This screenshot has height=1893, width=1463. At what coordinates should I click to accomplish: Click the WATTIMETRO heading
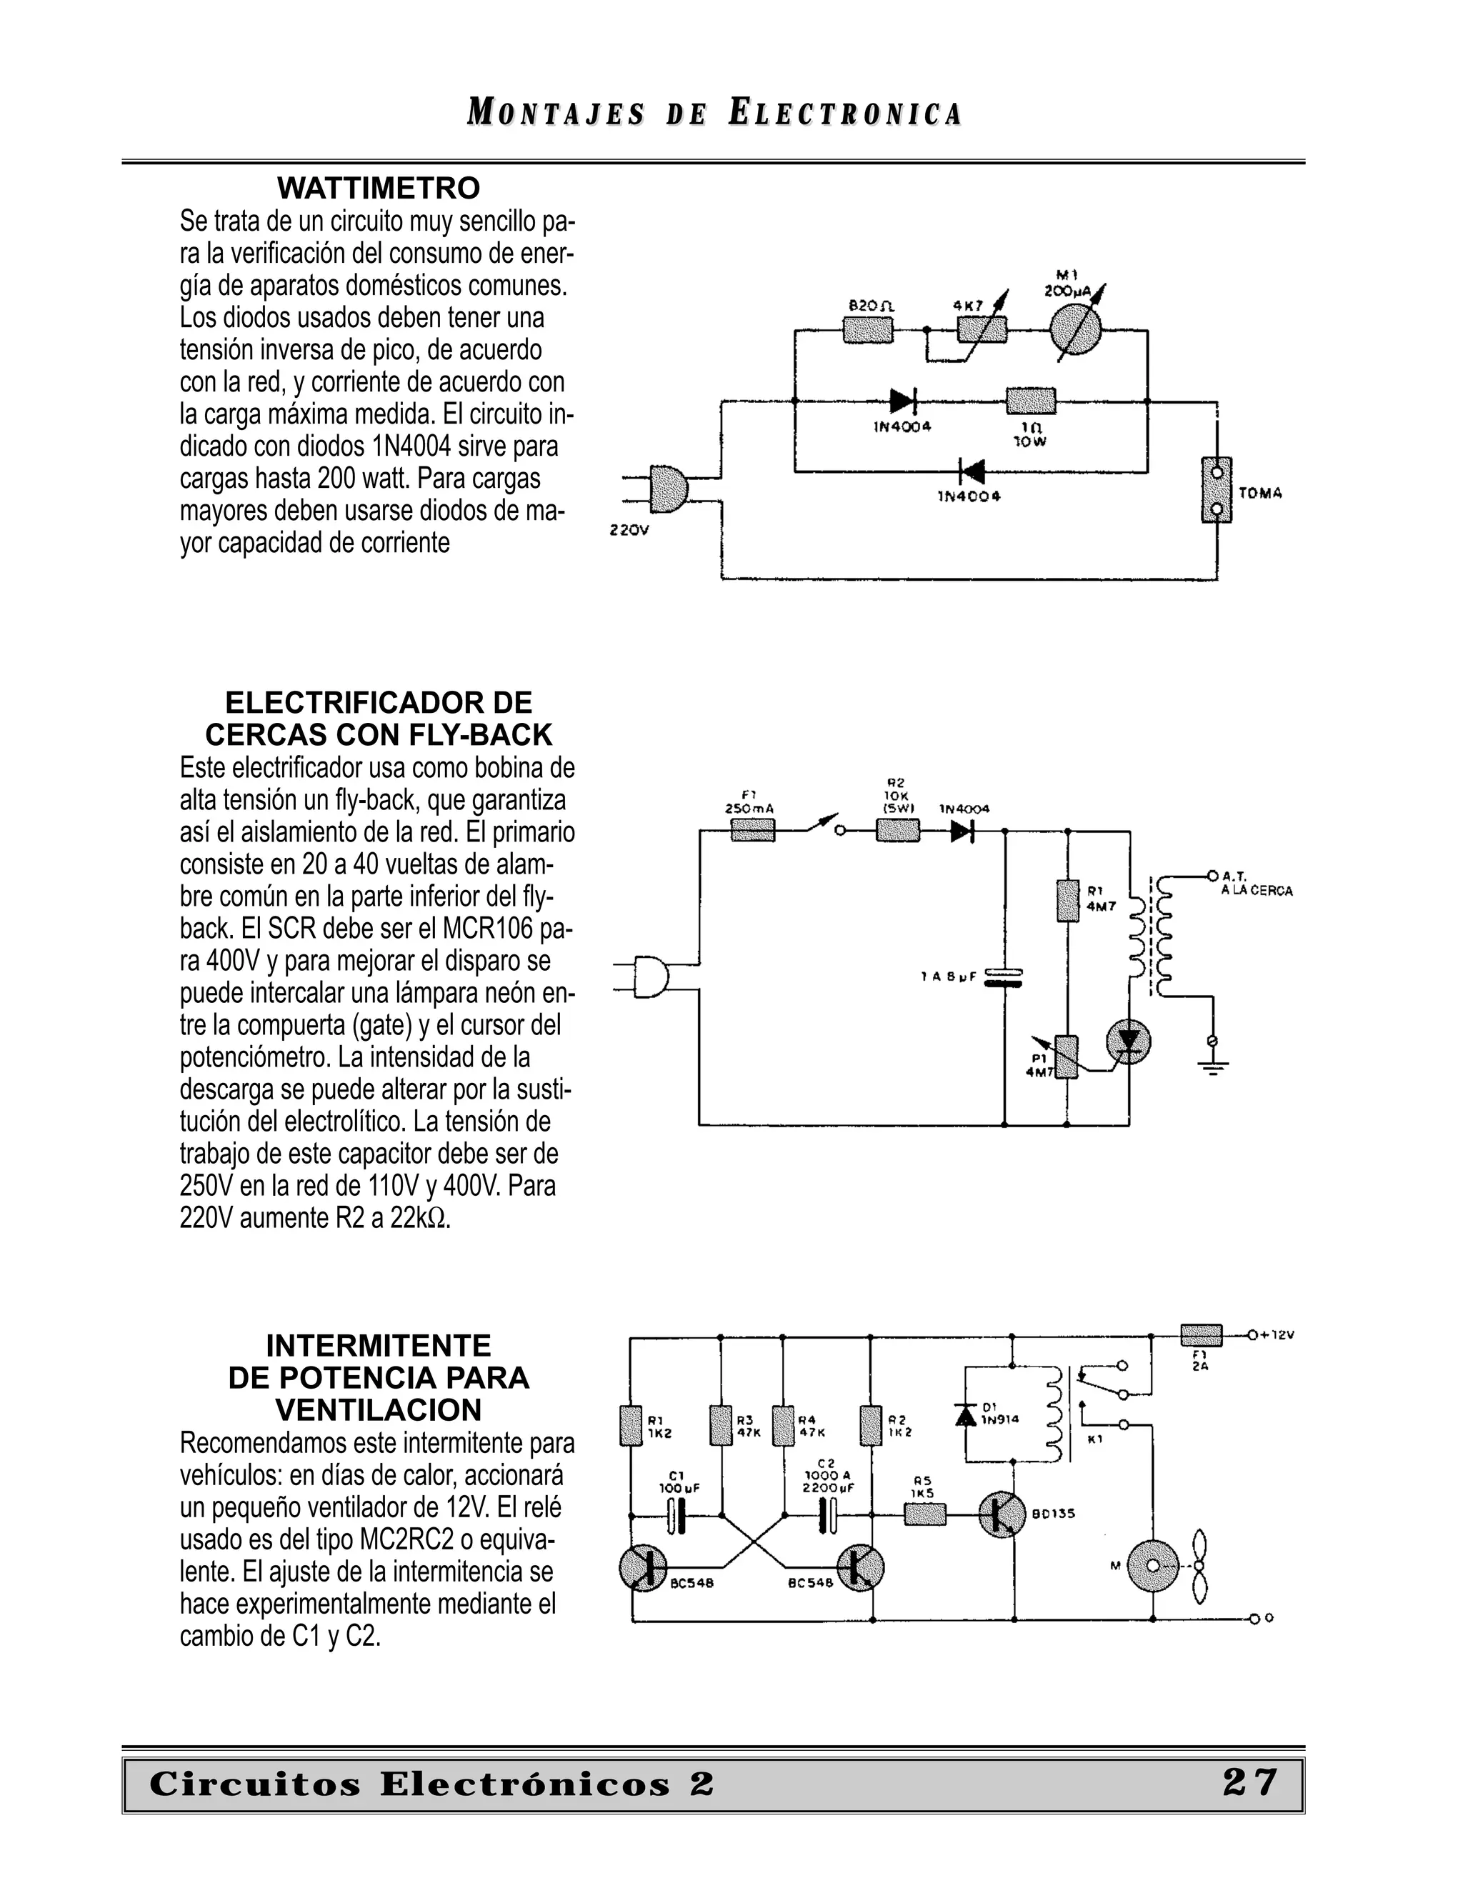(x=378, y=188)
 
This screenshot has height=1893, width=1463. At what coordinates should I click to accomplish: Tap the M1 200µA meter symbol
(x=1074, y=329)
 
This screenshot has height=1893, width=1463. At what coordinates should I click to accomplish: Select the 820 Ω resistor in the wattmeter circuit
(x=867, y=329)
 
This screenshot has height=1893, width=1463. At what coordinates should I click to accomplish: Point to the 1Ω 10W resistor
(x=1031, y=401)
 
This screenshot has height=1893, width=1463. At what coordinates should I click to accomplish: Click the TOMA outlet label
(x=1260, y=493)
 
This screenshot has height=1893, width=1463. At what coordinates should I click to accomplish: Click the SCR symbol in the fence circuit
(x=1129, y=1042)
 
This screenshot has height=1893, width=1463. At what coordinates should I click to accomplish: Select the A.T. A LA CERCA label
(x=1256, y=884)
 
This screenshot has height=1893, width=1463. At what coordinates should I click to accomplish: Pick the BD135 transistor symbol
(x=1002, y=1514)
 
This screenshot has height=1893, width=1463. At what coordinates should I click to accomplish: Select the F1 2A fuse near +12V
(x=1202, y=1336)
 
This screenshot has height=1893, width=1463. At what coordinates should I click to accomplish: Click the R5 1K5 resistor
(x=925, y=1514)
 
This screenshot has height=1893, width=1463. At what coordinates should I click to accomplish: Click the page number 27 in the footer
(x=1249, y=1783)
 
